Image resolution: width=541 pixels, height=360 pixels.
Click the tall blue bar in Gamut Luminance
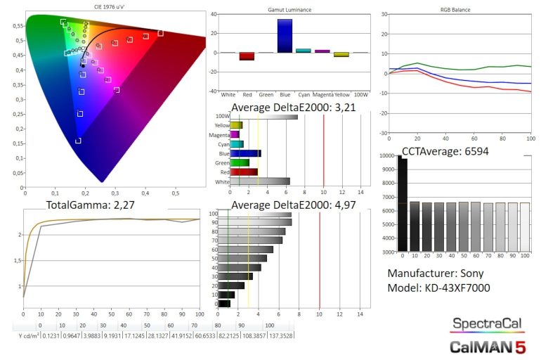coord(285,35)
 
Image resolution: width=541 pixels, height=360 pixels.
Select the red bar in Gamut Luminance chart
coord(247,56)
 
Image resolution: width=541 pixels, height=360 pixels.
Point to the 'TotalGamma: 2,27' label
coord(89,205)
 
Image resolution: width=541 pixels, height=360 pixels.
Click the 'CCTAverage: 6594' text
coord(445,150)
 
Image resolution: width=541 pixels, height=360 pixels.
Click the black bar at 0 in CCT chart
coord(403,204)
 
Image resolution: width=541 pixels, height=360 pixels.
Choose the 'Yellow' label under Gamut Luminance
coord(341,94)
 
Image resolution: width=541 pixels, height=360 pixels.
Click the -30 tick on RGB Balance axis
coord(384,132)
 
